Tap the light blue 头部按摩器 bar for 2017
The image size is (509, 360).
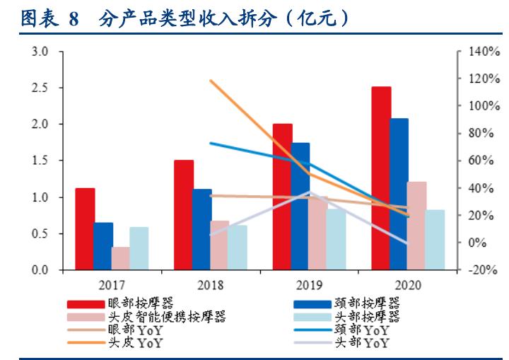pyautogui.click(x=139, y=248)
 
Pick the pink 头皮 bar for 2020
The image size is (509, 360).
pyautogui.click(x=416, y=226)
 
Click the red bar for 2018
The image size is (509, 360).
pyautogui.click(x=184, y=215)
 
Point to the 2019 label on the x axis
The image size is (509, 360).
pyautogui.click(x=310, y=285)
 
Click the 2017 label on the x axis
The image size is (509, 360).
pyautogui.click(x=112, y=285)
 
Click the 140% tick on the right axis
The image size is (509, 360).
pyautogui.click(x=481, y=52)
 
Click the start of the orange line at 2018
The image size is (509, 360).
pyautogui.click(x=211, y=81)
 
